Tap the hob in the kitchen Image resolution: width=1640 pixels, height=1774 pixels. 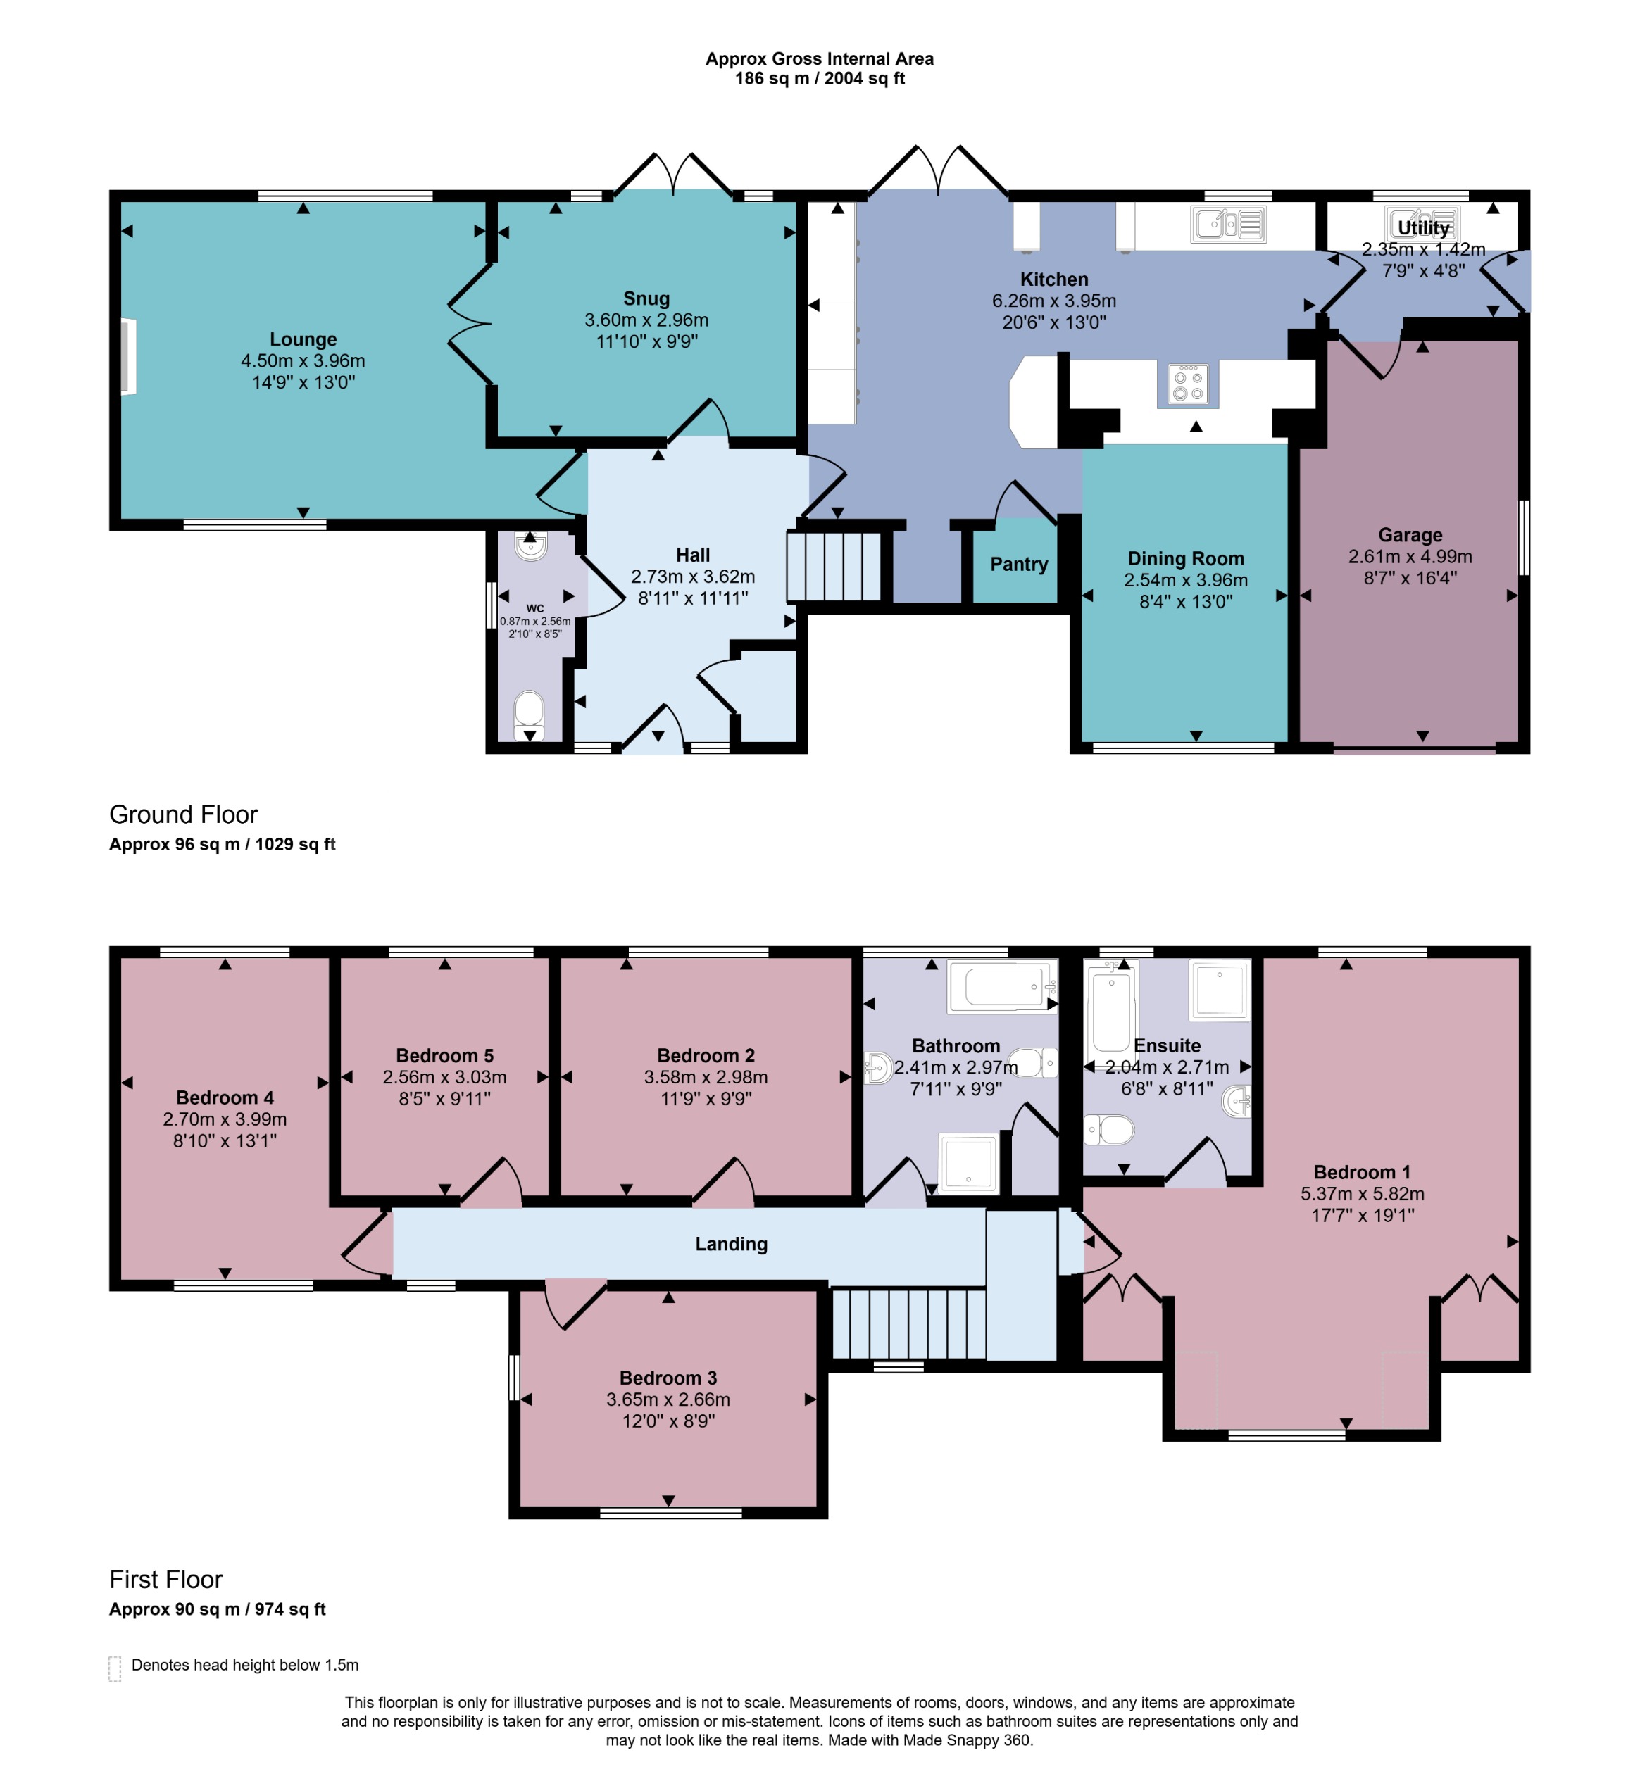(x=1189, y=385)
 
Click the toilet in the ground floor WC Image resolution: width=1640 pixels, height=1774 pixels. (x=529, y=712)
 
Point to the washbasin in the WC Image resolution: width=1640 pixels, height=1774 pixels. (x=531, y=546)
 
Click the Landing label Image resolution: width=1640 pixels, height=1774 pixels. (x=731, y=1244)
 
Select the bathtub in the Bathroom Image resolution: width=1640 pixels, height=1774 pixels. (x=1003, y=986)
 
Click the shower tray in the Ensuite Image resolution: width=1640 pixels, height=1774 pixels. (x=1220, y=989)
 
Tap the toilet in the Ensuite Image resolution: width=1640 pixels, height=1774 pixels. (x=1109, y=1130)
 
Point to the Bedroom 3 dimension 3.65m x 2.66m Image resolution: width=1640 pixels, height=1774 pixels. (x=668, y=1399)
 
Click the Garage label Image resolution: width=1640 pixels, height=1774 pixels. (x=1410, y=535)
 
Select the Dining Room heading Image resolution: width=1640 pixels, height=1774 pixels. (x=1186, y=559)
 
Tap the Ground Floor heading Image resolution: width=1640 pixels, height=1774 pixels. (x=184, y=814)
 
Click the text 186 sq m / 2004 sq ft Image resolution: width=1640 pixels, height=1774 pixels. (x=819, y=79)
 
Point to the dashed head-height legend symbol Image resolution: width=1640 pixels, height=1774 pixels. (x=115, y=1668)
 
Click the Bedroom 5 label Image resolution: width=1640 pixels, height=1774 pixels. (x=444, y=1055)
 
